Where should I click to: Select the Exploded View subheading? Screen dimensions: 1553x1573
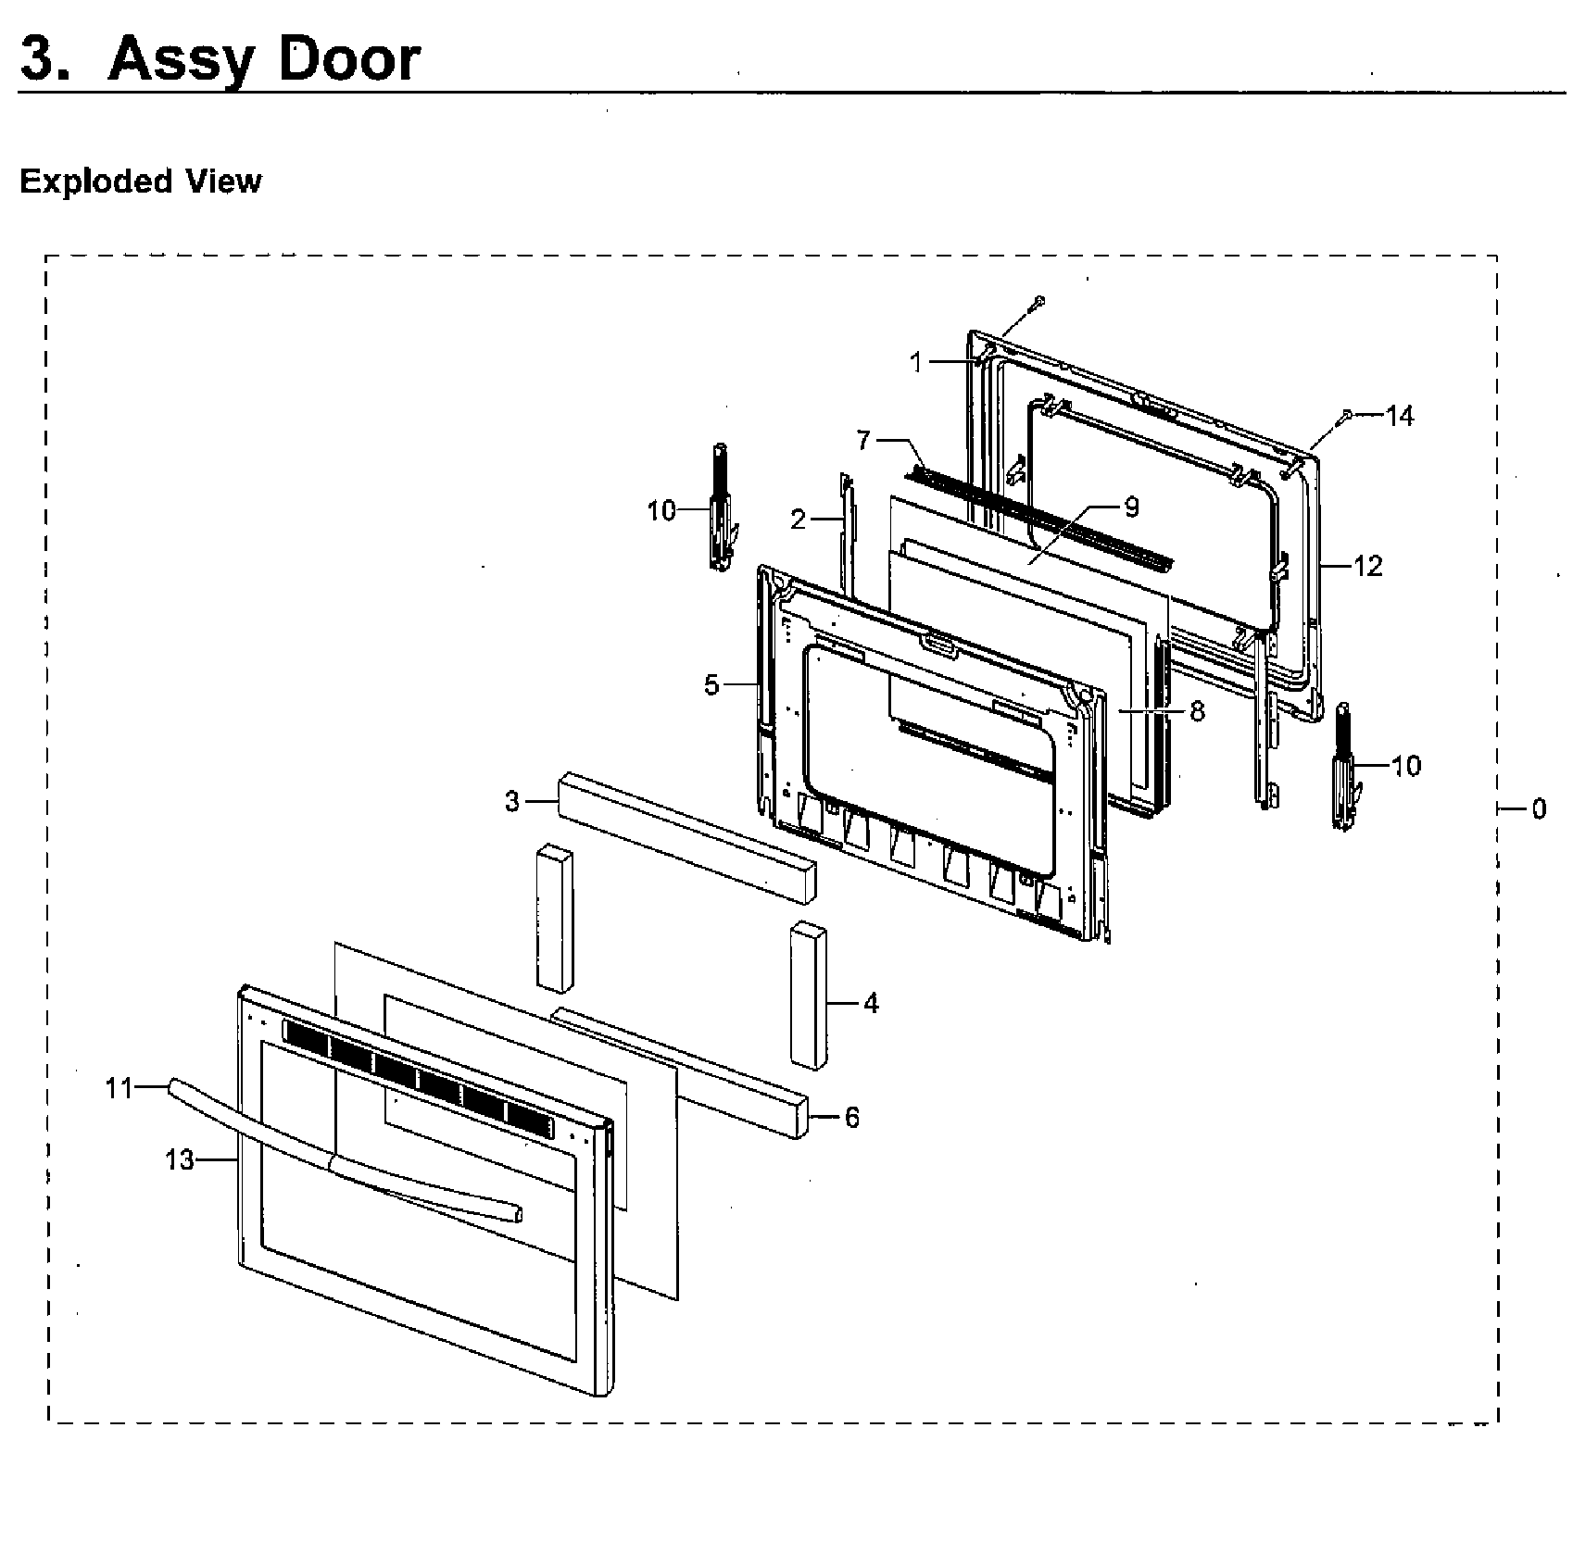pyautogui.click(x=141, y=181)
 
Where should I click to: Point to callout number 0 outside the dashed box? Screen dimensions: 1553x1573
pyautogui.click(x=1538, y=808)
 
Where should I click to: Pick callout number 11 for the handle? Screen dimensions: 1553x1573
pyautogui.click(x=120, y=1088)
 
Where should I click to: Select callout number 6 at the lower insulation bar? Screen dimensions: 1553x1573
pyautogui.click(x=851, y=1118)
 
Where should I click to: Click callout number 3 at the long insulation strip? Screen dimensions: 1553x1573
pyautogui.click(x=512, y=801)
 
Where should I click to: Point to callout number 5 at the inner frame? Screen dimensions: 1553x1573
pyautogui.click(x=711, y=686)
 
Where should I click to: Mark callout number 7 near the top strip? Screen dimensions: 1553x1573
pyautogui.click(x=863, y=440)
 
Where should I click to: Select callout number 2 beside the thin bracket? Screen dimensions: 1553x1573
pyautogui.click(x=799, y=520)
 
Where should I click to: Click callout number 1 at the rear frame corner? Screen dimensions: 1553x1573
pyautogui.click(x=916, y=362)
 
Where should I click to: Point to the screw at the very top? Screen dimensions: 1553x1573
pyautogui.click(x=1039, y=300)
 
